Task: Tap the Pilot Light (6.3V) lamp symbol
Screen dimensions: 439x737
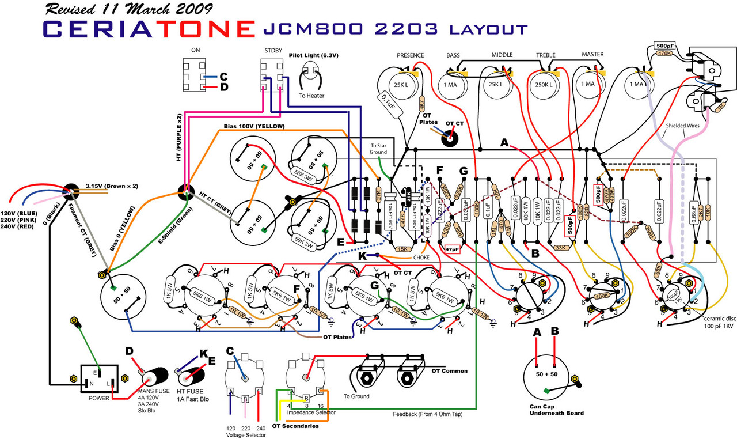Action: [311, 76]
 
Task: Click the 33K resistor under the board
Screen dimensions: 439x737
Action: [560, 248]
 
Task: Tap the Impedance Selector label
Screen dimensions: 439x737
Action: [311, 412]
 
